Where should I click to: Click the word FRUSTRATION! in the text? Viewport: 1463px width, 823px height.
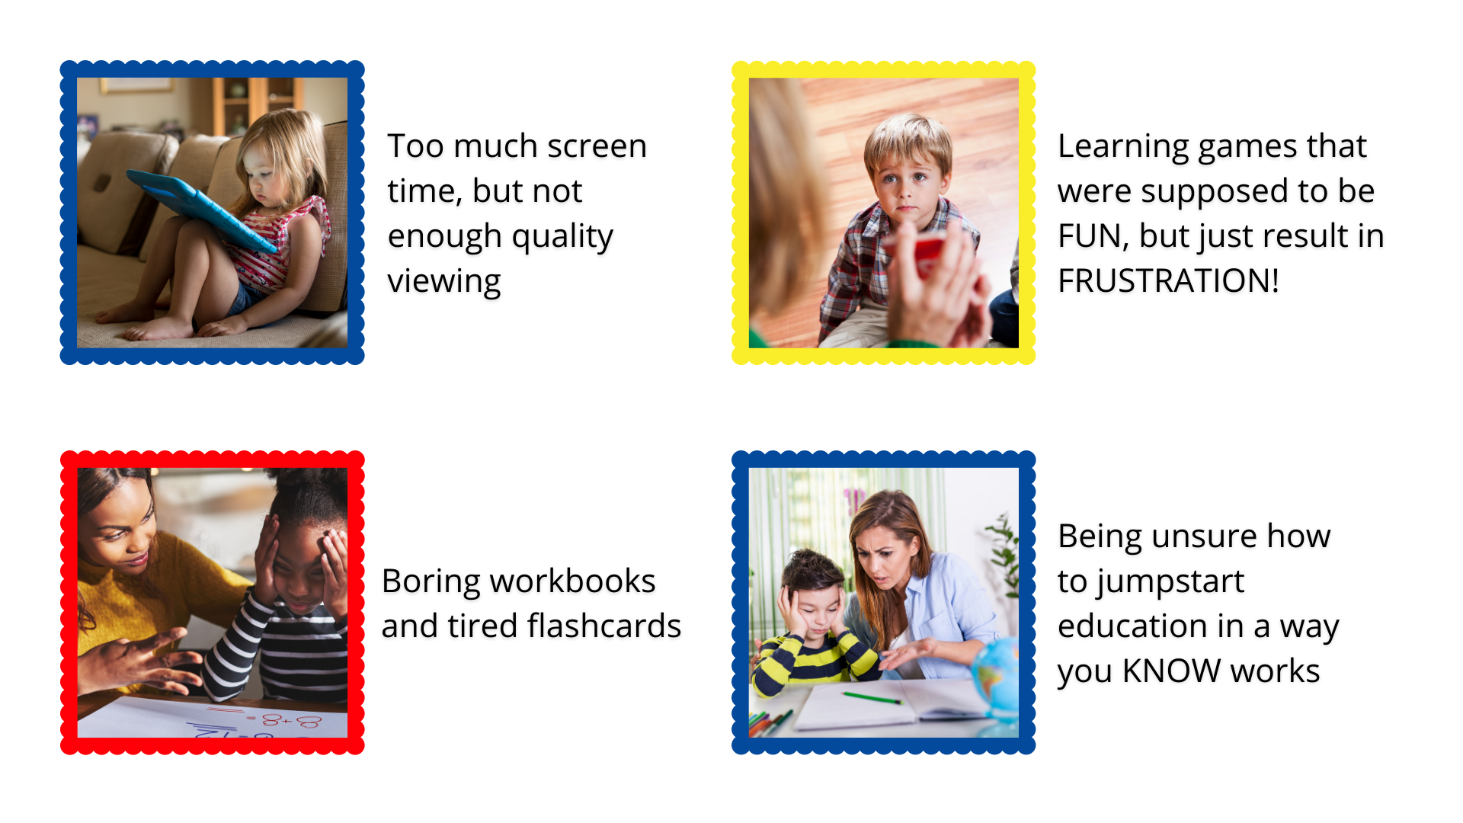point(1168,281)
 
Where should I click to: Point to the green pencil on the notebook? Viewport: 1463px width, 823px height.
point(872,697)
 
